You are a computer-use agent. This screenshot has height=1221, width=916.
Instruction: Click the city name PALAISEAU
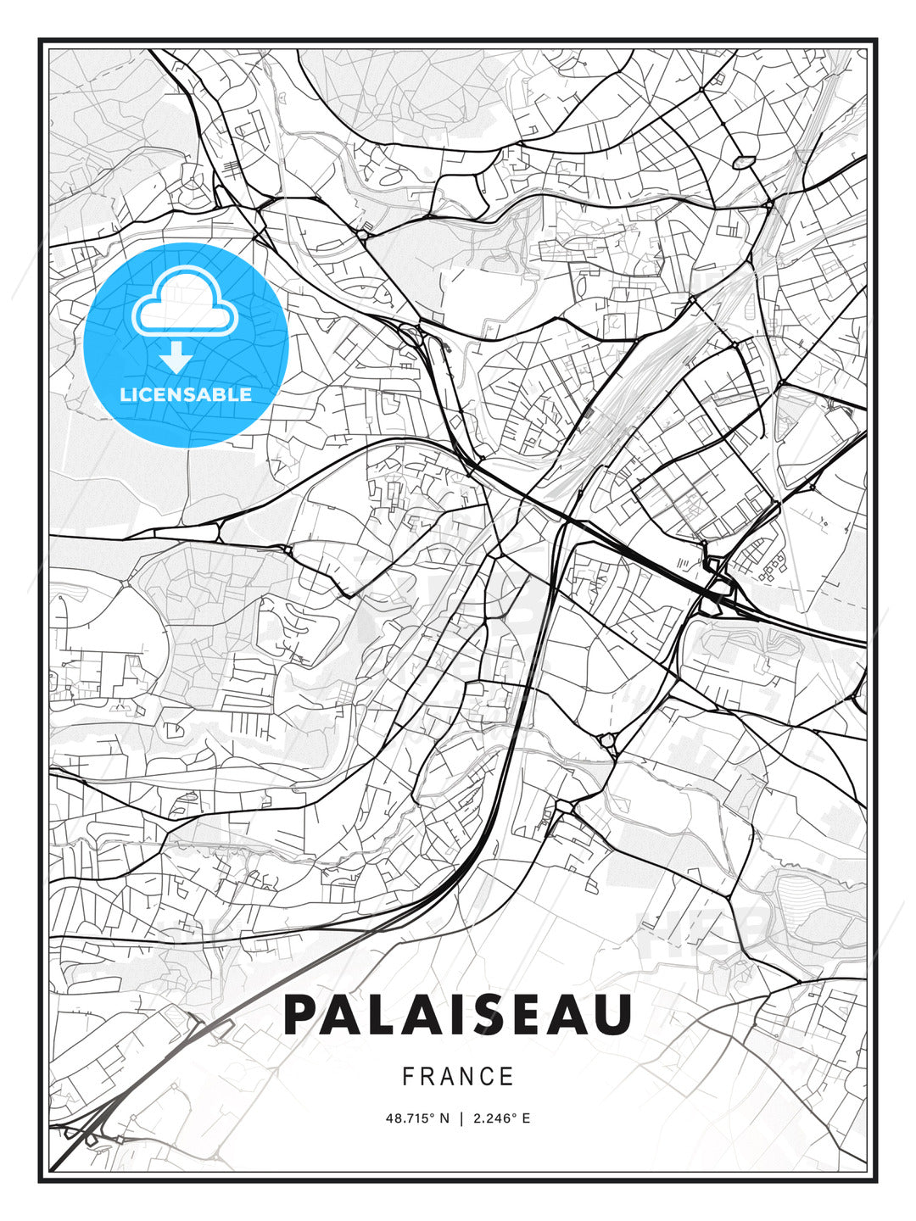pyautogui.click(x=458, y=1015)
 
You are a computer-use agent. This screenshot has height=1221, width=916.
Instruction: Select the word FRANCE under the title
pyautogui.click(x=458, y=1077)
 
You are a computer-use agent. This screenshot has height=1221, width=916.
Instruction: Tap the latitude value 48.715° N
pyautogui.click(x=417, y=1118)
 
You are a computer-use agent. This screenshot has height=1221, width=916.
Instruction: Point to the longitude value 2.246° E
pyautogui.click(x=502, y=1118)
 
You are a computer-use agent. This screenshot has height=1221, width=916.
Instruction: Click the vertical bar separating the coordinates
pyautogui.click(x=461, y=1118)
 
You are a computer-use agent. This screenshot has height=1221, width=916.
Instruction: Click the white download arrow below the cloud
pyautogui.click(x=176, y=357)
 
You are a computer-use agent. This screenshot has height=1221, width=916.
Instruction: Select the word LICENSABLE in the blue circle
pyautogui.click(x=186, y=394)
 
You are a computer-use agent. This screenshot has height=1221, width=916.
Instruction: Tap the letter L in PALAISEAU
pyautogui.click(x=392, y=1015)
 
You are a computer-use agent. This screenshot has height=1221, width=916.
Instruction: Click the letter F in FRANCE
pyautogui.click(x=408, y=1077)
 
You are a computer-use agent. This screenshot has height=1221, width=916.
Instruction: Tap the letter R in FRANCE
pyautogui.click(x=427, y=1077)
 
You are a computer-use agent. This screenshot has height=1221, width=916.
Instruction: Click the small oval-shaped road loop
pyautogui.click(x=743, y=160)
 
